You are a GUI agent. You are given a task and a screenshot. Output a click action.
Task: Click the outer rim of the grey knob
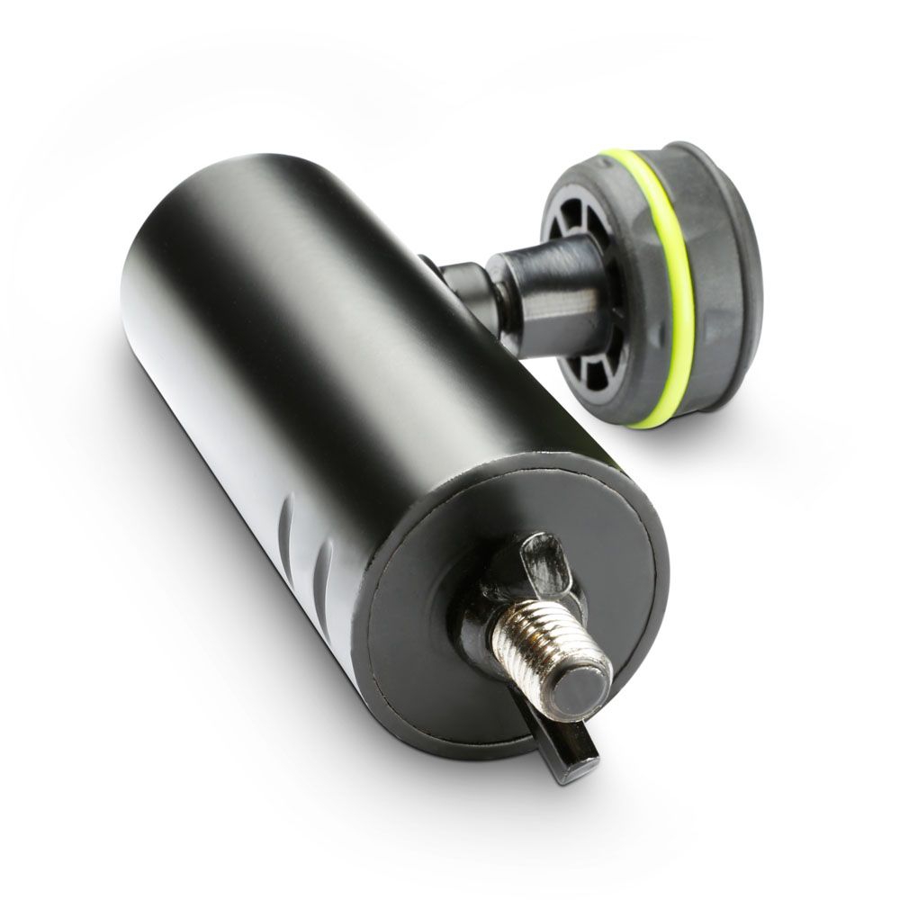click(733, 288)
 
